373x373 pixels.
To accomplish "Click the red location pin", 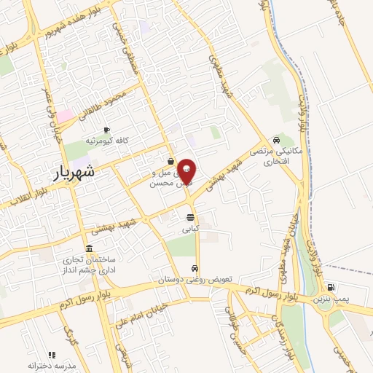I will point(186,170).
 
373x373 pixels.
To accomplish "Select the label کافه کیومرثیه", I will point(106,140).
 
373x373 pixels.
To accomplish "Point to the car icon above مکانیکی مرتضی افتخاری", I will point(275,140).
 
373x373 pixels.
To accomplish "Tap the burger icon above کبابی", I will point(190,217).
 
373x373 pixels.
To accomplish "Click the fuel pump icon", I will point(331,288).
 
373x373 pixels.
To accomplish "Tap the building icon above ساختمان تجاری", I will point(89,248).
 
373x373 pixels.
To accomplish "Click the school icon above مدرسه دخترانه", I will point(51,354).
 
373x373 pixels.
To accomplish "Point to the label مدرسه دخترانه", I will point(47,364).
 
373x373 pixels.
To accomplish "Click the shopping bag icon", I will point(170,162).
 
